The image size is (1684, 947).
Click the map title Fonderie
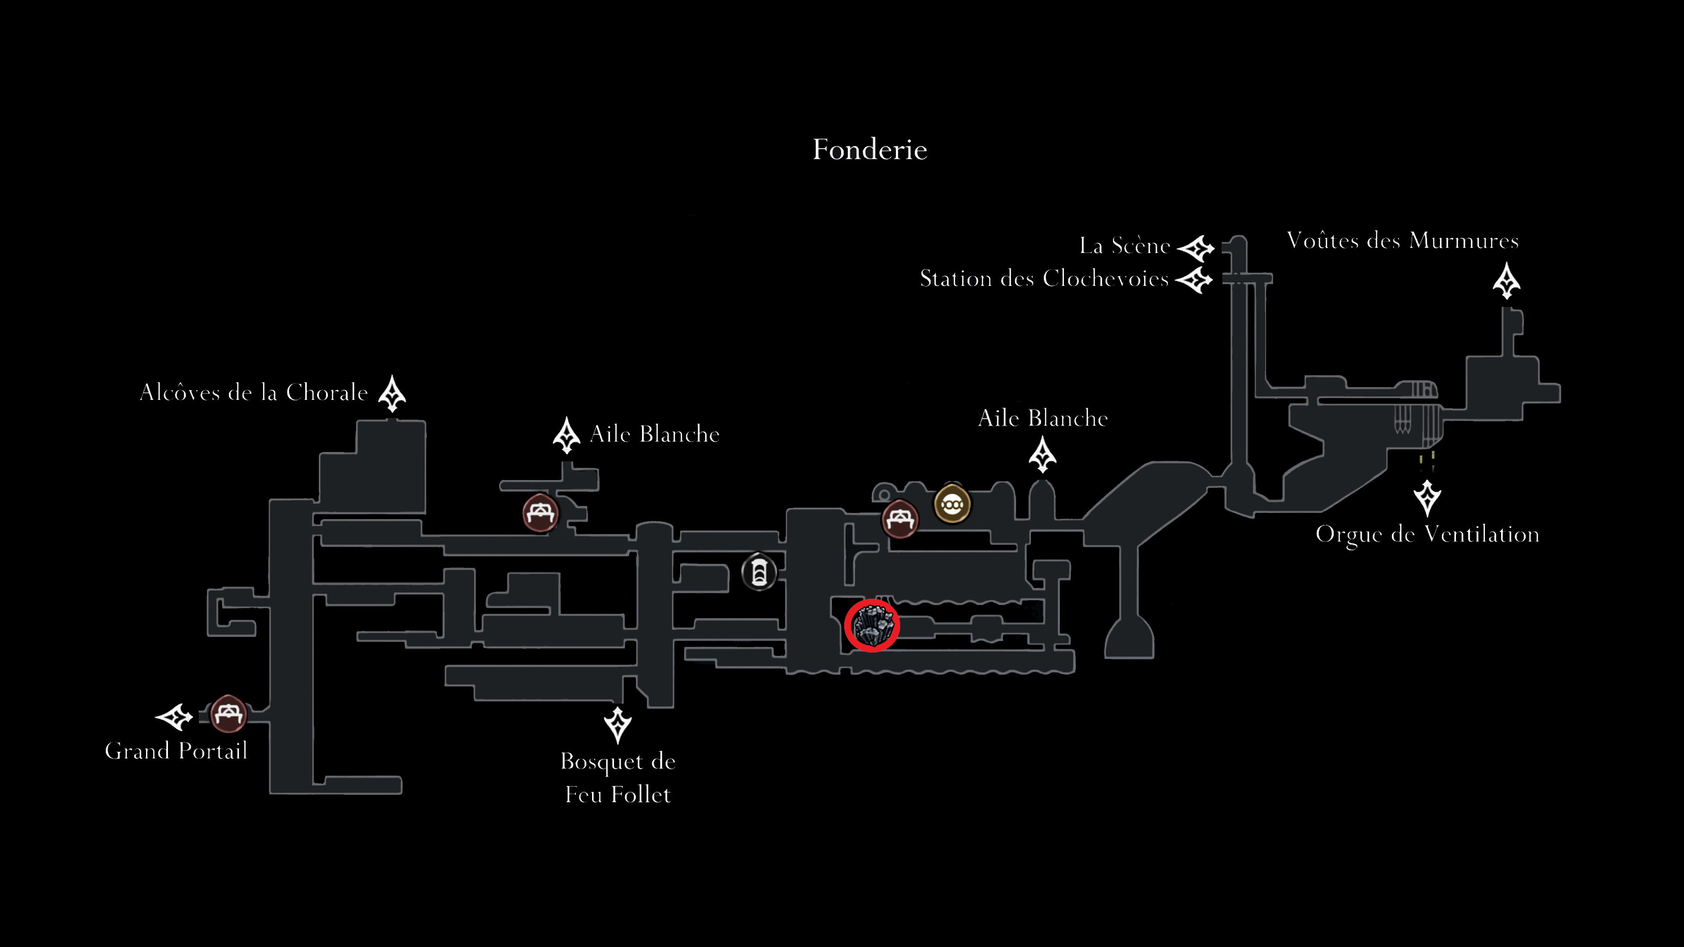[x=870, y=150]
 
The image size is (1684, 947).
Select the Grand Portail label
[x=176, y=750]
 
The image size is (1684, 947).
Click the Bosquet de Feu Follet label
[x=618, y=778]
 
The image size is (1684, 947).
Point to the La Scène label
[x=1124, y=246]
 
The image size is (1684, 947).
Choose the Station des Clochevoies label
[x=1044, y=278]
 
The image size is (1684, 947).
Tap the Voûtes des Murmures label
[x=1402, y=241]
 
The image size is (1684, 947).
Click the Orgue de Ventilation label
[x=1427, y=534]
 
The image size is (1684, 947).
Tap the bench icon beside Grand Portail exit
[x=228, y=714]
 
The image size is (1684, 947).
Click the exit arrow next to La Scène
[x=1195, y=248]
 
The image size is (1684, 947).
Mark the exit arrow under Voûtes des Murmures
[x=1506, y=281]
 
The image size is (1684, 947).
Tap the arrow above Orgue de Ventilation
[x=1427, y=498]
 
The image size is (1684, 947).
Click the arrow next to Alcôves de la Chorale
[x=392, y=393]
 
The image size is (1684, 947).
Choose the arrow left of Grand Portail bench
[x=174, y=717]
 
